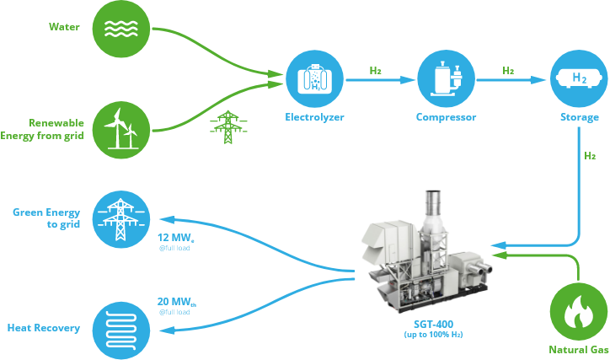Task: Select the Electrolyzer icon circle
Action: click(313, 78)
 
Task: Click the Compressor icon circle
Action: click(446, 78)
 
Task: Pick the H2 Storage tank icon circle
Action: click(579, 78)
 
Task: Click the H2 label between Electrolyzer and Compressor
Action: click(376, 70)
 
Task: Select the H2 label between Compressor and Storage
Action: click(508, 70)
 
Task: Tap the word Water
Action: click(63, 28)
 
